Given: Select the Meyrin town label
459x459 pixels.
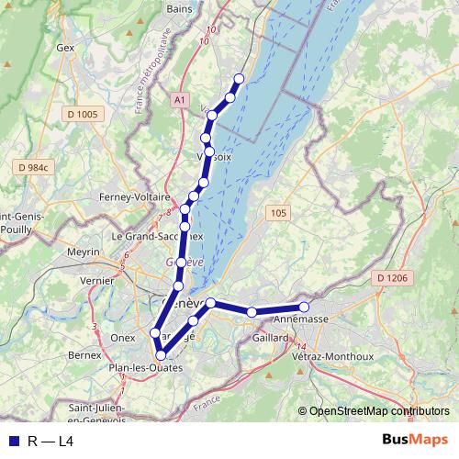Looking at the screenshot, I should (84, 251).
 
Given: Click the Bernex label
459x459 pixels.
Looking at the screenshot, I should (84, 353).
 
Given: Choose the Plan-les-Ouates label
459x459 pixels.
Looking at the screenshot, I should (145, 368).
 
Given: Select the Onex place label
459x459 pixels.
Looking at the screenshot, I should (123, 338).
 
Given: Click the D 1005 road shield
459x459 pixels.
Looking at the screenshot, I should (82, 114).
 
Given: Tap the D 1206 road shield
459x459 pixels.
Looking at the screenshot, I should (392, 277).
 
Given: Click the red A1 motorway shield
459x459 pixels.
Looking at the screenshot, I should (178, 97).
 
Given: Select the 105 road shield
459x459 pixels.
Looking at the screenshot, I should (279, 213).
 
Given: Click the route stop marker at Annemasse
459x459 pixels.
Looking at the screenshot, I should (304, 307).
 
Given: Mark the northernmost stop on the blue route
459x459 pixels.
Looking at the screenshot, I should (240, 79).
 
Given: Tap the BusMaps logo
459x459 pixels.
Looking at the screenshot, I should (415, 441).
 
